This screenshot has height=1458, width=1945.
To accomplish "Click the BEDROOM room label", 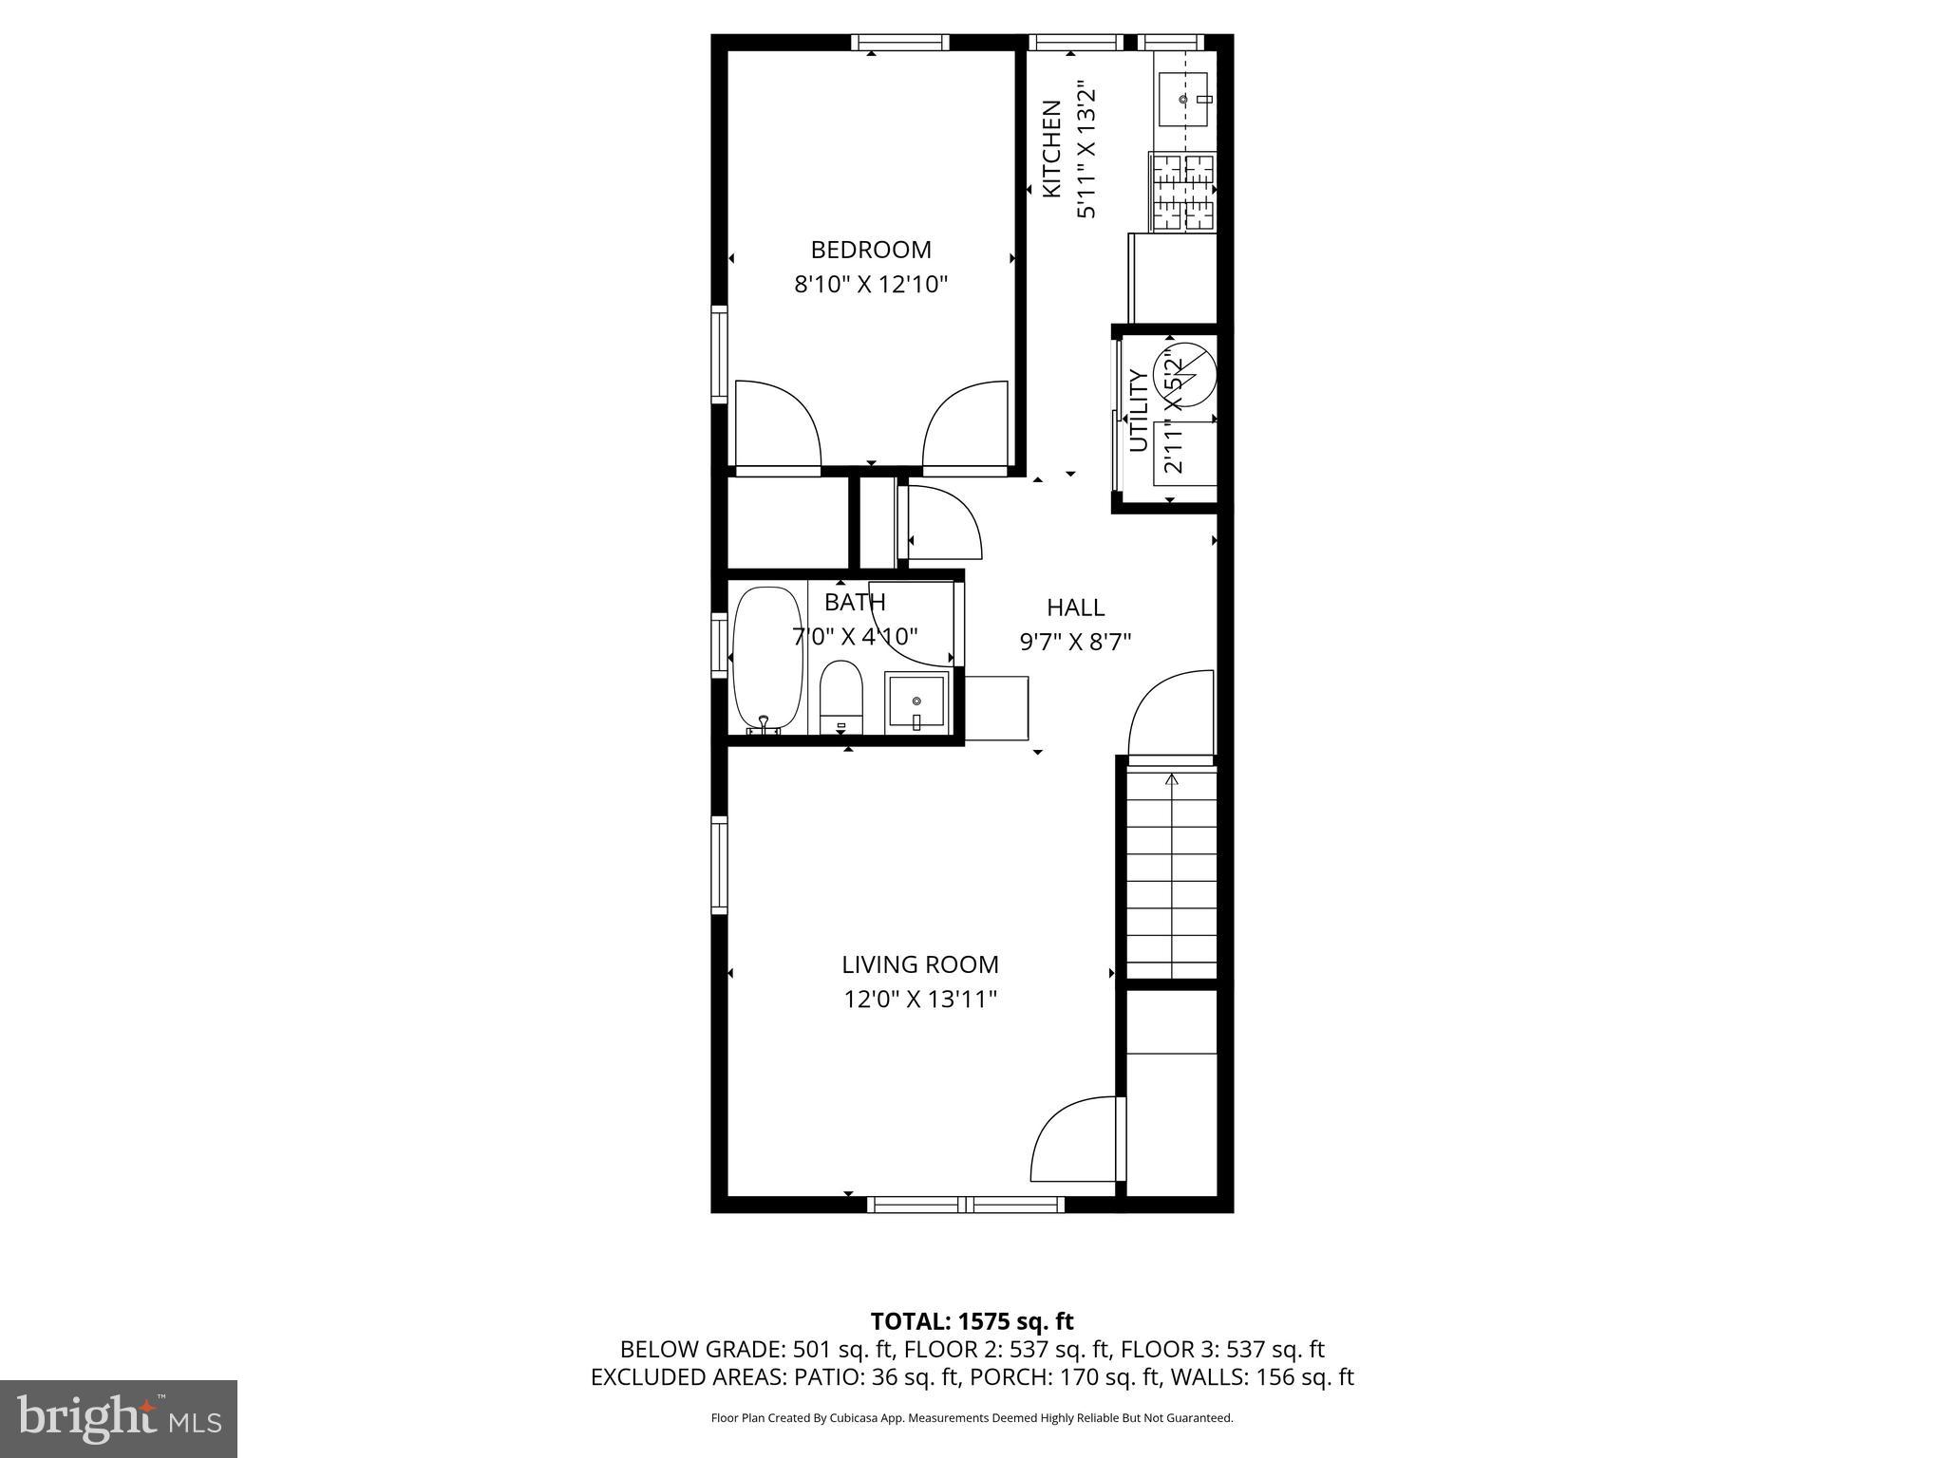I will coord(871,250).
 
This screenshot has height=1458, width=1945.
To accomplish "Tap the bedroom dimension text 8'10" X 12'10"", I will coord(871,284).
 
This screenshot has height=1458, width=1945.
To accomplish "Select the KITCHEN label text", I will coord(1051,149).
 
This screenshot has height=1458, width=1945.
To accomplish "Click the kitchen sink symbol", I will coord(1183,99).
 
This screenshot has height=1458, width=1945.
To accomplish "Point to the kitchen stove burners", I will coord(1182,193).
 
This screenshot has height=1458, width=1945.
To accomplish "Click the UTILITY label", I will coord(1139,411).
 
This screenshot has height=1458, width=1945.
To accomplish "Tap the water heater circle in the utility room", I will coord(1184,375).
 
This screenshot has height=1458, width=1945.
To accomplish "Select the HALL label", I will coord(1076,607).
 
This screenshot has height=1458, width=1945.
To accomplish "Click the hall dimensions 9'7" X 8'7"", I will coord(1076,643).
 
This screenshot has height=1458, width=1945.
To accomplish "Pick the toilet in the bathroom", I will coord(840,697).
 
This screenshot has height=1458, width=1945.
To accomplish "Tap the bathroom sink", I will coord(916,703).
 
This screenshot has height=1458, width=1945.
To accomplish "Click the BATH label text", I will coord(855,602).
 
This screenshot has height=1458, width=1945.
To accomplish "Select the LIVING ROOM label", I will coord(920,964).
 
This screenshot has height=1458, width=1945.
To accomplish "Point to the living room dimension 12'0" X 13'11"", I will coord(920,1000).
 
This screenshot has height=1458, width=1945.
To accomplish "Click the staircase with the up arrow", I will coord(1171,873).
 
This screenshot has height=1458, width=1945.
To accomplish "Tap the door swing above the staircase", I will coord(1171,714).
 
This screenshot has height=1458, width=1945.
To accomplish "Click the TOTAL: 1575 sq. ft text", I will coord(972,1321).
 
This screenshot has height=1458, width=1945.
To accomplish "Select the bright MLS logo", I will coord(119,1418).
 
